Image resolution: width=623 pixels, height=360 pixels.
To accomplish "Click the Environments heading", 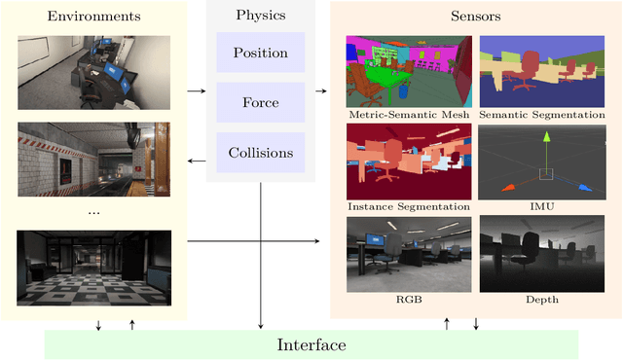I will click(94, 17).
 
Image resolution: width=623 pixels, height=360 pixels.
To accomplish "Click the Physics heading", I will click(260, 16).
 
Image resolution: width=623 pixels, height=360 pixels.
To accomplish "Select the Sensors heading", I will click(476, 17).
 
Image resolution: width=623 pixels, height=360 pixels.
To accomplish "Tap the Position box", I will click(260, 52).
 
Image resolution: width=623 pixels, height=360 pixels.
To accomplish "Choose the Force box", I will click(260, 102).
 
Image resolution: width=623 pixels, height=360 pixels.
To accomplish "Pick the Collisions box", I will click(260, 153).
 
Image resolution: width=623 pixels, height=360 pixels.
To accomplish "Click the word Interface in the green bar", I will click(311, 344).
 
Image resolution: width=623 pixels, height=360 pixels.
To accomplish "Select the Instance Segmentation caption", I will click(409, 206).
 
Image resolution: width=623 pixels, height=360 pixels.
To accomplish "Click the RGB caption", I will click(408, 300).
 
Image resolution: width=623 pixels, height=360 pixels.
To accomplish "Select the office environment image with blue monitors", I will click(93, 73).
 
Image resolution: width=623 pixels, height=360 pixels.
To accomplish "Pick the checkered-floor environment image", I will click(93, 270).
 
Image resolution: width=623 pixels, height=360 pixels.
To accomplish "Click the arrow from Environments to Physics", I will click(196, 90).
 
